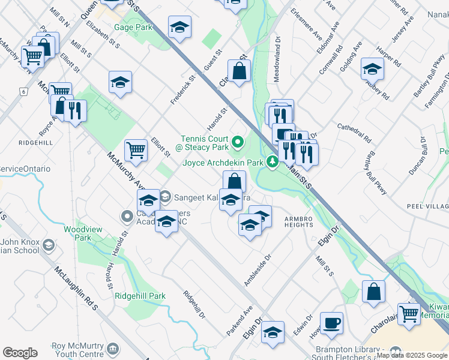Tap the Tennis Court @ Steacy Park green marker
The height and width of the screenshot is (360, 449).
click(x=238, y=143)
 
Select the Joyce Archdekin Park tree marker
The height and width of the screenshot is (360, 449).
click(x=273, y=162)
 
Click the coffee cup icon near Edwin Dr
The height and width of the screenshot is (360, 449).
click(x=331, y=323)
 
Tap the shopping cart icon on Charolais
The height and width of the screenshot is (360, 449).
click(x=409, y=313)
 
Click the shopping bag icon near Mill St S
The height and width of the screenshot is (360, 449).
click(x=373, y=292)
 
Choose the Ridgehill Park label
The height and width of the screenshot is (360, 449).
click(x=140, y=296)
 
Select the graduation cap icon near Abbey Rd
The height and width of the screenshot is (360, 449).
click(x=372, y=69)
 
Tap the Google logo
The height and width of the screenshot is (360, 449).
click(x=20, y=353)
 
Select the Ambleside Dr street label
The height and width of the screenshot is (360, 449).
click(x=258, y=269)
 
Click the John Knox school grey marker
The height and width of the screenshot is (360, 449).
click(x=48, y=245)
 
